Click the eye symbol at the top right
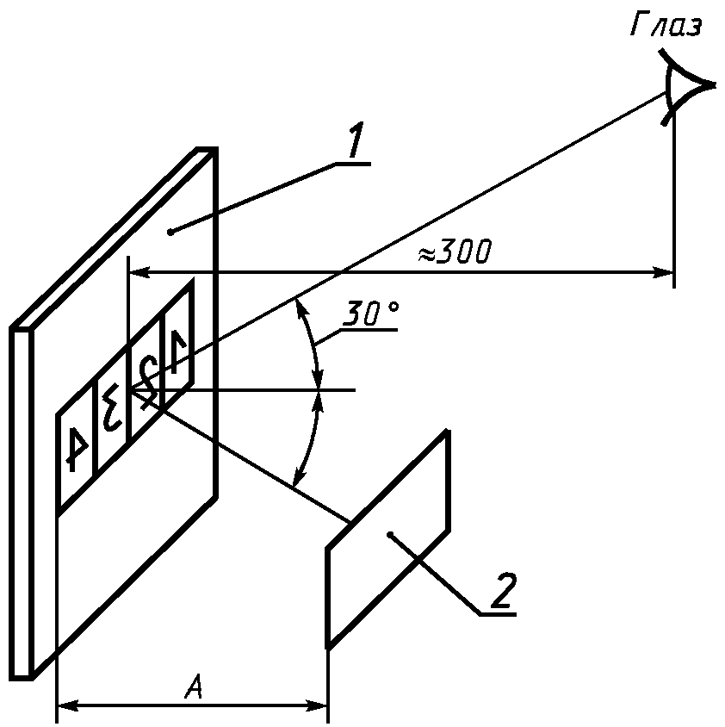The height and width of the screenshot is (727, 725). tap(685, 86)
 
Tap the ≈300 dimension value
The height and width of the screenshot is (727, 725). tap(454, 253)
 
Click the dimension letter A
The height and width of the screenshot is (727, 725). tap(195, 688)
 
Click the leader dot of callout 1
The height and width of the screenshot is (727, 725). tap(171, 231)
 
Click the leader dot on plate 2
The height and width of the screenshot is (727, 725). tap(390, 536)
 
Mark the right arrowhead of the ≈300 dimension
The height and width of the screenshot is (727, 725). tap(666, 273)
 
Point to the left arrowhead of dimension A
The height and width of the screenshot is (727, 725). tap(65, 706)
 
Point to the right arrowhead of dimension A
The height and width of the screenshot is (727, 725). tap(320, 706)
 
